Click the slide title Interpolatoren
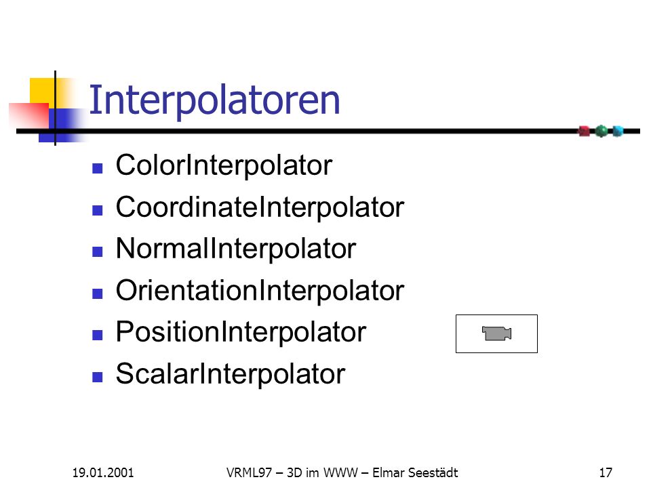tap(214, 100)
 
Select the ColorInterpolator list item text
tap(224, 166)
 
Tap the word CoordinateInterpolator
tap(260, 207)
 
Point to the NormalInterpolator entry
tap(236, 249)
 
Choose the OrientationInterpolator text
tap(260, 291)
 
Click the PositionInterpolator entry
tap(241, 332)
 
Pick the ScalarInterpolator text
tap(231, 374)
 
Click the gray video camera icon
tap(496, 333)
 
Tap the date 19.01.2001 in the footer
tap(103, 472)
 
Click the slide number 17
tap(606, 472)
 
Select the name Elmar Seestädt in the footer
tap(415, 472)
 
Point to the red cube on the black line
tap(584, 131)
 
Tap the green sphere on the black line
tap(601, 131)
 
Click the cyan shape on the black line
tap(618, 131)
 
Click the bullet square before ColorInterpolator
tap(98, 168)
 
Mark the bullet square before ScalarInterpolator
tap(98, 377)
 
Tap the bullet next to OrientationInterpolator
tap(98, 293)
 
